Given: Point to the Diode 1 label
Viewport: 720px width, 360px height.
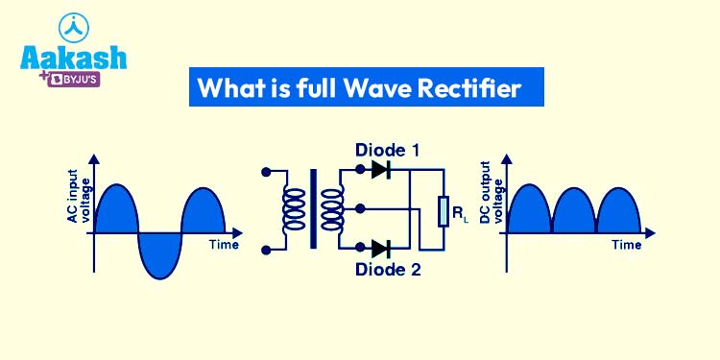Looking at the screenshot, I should click(388, 151).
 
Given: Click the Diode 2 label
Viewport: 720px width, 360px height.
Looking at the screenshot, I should click(388, 270).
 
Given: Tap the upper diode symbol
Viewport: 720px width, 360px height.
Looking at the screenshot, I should click(381, 171).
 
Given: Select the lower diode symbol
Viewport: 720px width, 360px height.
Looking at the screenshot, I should click(381, 249).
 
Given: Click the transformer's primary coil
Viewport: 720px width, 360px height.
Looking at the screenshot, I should click(292, 210).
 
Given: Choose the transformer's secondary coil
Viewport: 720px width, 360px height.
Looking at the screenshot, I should click(332, 210).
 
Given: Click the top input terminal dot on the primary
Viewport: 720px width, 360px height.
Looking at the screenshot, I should click(264, 172).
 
